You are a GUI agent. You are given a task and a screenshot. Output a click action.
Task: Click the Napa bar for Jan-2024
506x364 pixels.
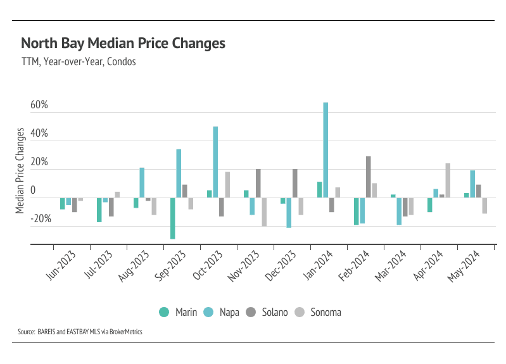(326, 150)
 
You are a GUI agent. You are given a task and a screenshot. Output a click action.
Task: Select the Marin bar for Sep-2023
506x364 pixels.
(173, 218)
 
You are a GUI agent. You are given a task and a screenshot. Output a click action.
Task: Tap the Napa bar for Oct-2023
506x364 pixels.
(215, 162)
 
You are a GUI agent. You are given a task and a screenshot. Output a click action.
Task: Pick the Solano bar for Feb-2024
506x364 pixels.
(368, 177)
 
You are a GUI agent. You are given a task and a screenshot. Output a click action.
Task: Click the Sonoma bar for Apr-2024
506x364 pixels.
(448, 180)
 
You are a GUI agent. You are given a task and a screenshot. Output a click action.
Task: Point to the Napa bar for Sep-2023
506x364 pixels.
(179, 173)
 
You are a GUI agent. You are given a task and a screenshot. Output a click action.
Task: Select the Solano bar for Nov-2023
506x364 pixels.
(258, 184)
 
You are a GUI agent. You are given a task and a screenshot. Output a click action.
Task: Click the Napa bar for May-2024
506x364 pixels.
(472, 184)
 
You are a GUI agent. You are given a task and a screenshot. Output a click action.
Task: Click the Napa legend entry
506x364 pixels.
(223, 312)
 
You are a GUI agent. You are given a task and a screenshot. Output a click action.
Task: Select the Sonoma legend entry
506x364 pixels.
(319, 312)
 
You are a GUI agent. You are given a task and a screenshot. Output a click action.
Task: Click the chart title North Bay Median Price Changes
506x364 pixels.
(123, 44)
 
